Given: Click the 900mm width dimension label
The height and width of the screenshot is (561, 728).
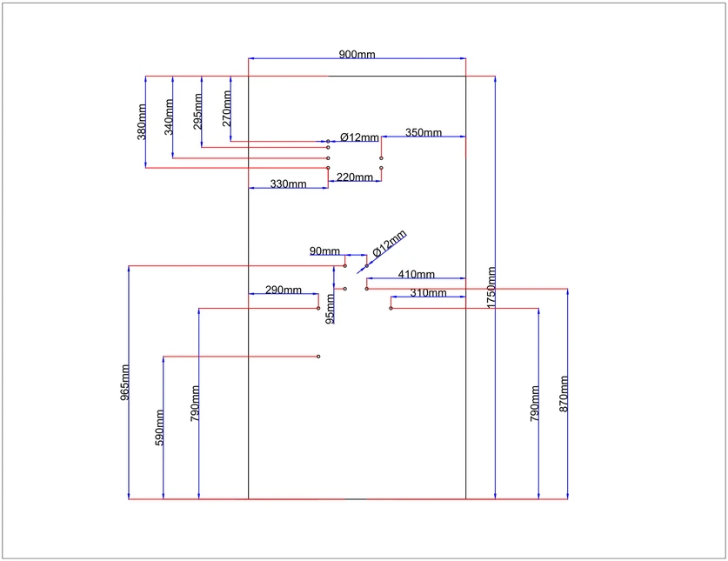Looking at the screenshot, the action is coord(357,54).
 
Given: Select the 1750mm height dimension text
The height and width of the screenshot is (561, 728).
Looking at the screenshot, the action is coord(491,288).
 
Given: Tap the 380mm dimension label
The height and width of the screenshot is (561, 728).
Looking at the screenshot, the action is coord(142,122).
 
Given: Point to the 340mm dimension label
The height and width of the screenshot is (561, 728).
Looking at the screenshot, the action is coord(169,117).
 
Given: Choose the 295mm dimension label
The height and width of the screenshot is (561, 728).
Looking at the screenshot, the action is coord(197,111).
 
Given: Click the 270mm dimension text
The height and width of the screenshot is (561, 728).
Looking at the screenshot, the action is coord(226,108).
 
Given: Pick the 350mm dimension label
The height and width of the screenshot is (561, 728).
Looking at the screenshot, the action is coord(424,132).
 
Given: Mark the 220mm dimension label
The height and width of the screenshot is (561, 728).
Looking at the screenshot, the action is coord(355,177).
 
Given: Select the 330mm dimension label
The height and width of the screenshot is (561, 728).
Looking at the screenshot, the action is coord(288,184).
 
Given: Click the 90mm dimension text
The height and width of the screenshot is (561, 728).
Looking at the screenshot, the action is coord(324,250).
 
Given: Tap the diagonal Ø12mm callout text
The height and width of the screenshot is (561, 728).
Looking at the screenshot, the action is coord(390,243).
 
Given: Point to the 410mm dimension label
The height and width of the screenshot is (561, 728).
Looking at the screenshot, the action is coord(417,274).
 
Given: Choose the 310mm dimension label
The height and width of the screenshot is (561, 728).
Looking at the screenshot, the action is coord(428,292).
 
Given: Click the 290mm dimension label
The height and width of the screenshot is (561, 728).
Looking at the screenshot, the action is coord(284,290).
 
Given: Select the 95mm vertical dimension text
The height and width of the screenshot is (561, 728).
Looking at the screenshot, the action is coord(330,309).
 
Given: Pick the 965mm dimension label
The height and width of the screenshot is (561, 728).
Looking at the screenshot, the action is coord(125,383).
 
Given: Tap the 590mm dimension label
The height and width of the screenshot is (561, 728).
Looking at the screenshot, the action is coord(159,427).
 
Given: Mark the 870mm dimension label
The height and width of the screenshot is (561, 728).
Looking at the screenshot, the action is coord(564,394).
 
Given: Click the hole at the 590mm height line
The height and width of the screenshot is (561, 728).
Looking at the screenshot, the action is coord(318,357).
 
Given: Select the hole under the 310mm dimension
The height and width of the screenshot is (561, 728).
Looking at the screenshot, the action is coord(391,309).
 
